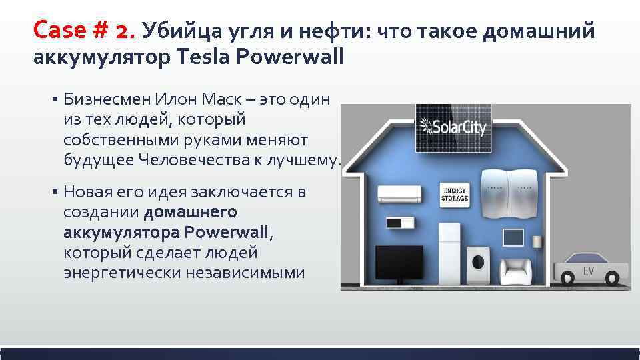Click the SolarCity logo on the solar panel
[x=453, y=126]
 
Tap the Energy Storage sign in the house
[x=455, y=193]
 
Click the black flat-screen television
[x=399, y=263]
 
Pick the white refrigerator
[x=449, y=253]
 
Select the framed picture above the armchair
[x=513, y=238]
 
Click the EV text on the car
[x=589, y=271]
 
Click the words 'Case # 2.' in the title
[x=83, y=29]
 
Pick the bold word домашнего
[x=190, y=212]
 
